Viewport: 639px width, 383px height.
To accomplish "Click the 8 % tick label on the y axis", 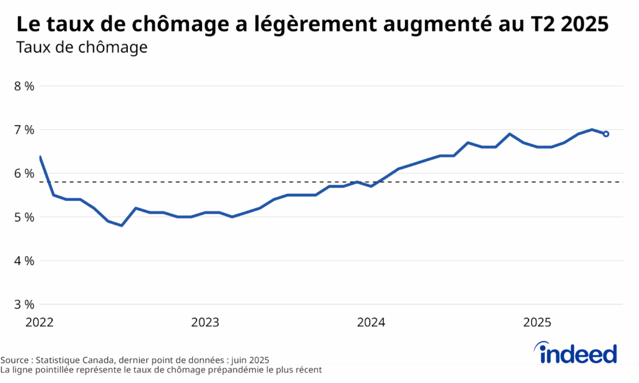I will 24,86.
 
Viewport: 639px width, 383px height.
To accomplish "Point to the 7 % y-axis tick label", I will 24,130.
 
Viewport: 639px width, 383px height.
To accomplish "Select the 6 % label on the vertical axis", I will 24,173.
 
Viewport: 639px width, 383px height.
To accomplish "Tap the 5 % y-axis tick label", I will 24,217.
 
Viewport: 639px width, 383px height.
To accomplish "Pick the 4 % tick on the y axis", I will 24,261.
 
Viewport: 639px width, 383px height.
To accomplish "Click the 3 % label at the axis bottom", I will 24,304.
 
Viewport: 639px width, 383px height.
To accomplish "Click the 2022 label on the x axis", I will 39,322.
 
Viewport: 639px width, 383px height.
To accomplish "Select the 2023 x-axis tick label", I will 205,322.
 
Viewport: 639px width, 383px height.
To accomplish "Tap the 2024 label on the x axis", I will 371,322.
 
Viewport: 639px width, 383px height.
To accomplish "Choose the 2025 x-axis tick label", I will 537,322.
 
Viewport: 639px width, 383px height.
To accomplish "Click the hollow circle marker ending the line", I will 605,134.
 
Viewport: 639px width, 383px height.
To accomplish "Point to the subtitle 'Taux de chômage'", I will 81,47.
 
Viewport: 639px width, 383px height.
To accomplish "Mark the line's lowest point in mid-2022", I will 122,225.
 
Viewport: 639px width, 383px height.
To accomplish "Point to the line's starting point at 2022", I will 40,157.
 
